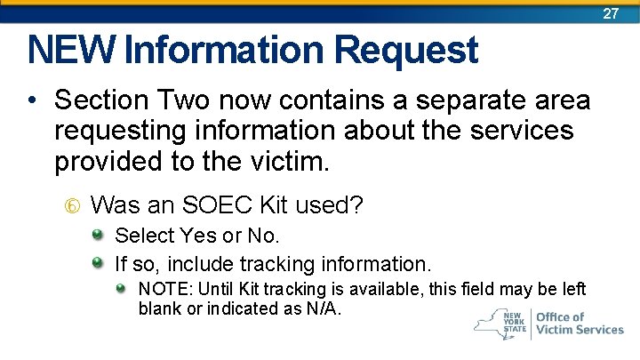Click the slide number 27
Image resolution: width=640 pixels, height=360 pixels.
611,13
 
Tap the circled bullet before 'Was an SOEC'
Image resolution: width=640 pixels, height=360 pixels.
73,206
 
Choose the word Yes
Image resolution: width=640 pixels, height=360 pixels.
197,236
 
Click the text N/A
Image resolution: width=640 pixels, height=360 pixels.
324,308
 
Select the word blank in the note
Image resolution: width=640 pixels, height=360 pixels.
158,308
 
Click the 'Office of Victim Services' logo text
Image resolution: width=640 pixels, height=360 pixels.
580,323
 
